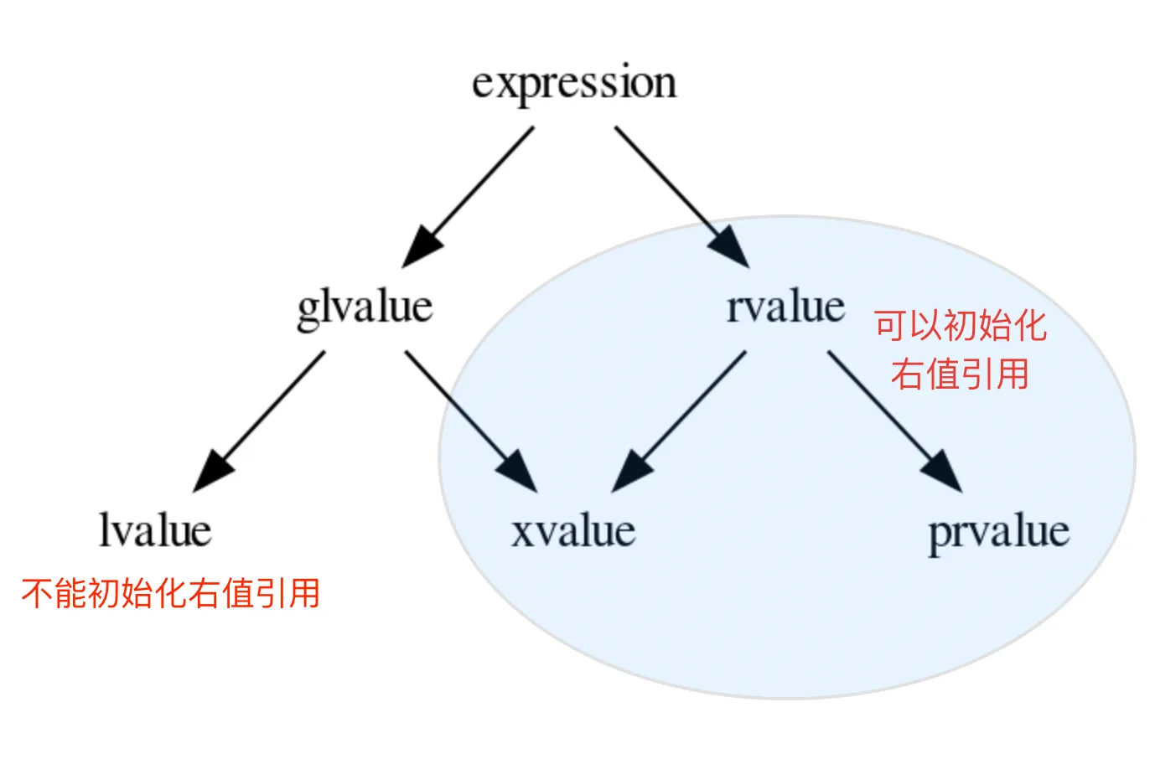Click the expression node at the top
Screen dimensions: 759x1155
[574, 84]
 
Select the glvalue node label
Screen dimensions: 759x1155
[365, 307]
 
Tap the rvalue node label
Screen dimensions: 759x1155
[785, 307]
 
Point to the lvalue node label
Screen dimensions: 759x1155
[155, 530]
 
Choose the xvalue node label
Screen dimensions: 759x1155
[573, 531]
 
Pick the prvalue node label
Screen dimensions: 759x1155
[998, 532]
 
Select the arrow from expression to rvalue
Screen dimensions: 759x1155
[671, 186]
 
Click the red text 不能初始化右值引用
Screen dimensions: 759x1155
[171, 593]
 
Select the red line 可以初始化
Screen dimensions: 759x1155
[961, 325]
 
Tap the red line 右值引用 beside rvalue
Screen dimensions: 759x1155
[960, 374]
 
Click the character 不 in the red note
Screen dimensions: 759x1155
[37, 593]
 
